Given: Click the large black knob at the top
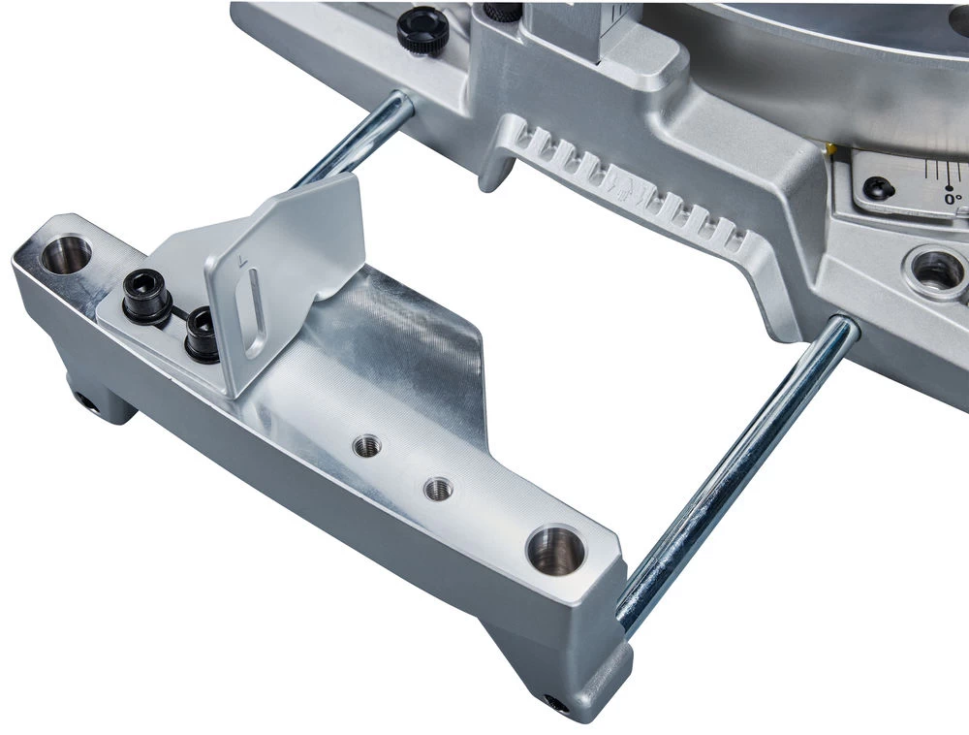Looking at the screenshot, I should pyautogui.click(x=422, y=29).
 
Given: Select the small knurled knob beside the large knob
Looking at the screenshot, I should pyautogui.click(x=500, y=12).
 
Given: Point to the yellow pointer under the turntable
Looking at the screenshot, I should pyautogui.click(x=830, y=147).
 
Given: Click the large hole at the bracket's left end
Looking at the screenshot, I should pyautogui.click(x=66, y=254).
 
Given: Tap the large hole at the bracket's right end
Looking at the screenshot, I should pyautogui.click(x=555, y=550).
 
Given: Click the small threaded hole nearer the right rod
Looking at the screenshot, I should pyautogui.click(x=438, y=489).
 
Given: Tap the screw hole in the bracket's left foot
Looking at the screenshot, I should pyautogui.click(x=86, y=401).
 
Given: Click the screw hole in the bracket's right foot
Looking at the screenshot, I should pyautogui.click(x=556, y=702).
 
